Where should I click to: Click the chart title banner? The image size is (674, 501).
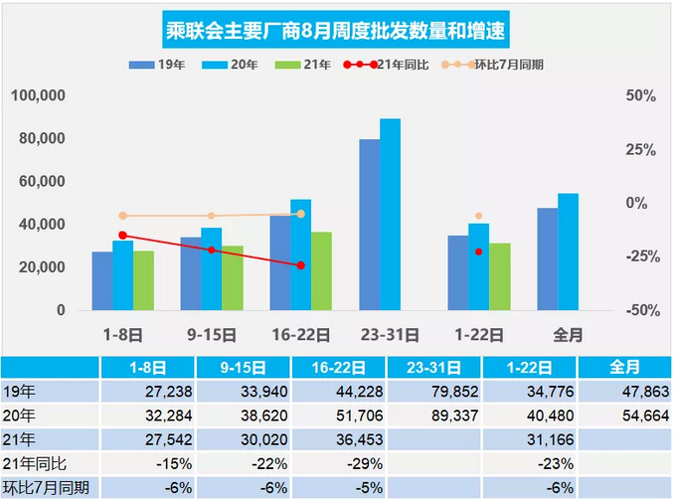pos(336,32)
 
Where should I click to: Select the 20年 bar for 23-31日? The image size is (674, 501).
pos(391,214)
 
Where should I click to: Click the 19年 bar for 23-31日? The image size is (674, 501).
pos(369,224)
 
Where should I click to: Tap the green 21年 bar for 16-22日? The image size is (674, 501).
pos(321,270)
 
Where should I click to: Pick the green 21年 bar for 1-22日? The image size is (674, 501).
pos(500,276)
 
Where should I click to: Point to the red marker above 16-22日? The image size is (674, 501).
pos(300,265)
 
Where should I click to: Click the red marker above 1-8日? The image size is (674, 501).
pos(122,236)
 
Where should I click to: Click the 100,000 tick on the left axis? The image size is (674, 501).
pos(38,95)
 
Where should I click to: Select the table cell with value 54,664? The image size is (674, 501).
pos(623,415)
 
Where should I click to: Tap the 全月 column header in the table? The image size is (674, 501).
pos(623,367)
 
